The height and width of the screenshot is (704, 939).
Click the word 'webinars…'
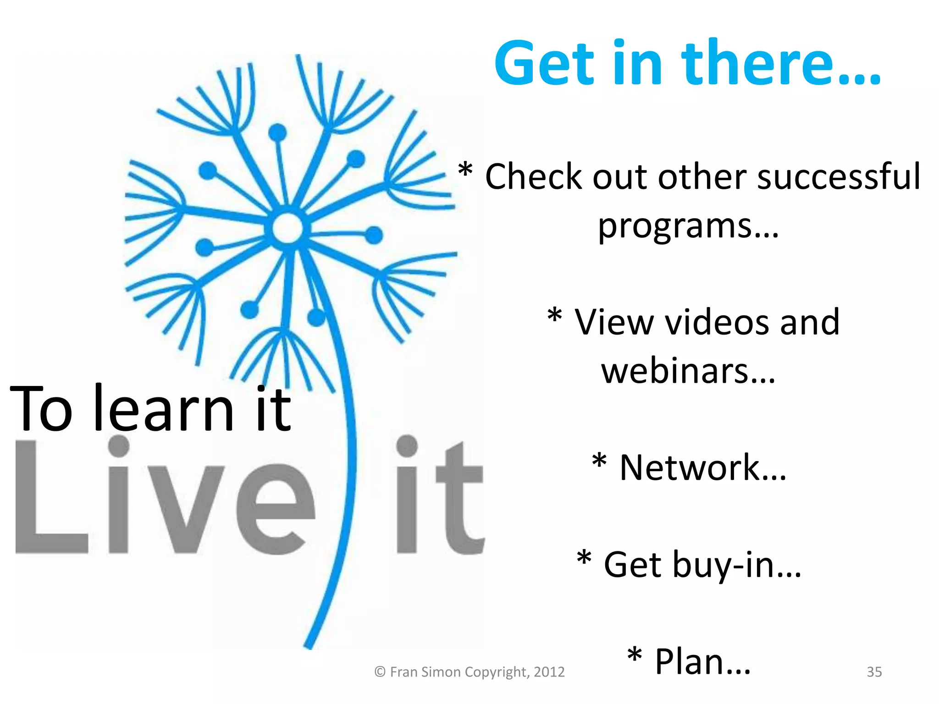pyautogui.click(x=688, y=371)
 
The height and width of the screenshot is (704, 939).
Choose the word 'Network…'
pyautogui.click(x=702, y=468)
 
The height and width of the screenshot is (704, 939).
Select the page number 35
pyautogui.click(x=874, y=672)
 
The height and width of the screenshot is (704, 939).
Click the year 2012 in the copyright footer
pyautogui.click(x=549, y=672)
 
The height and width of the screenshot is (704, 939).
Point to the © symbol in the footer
pyautogui.click(x=380, y=672)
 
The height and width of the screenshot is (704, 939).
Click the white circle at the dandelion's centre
pyautogui.click(x=287, y=228)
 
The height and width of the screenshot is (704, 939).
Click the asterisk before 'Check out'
pyautogui.click(x=465, y=171)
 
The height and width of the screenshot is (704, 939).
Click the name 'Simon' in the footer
pyautogui.click(x=440, y=672)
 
